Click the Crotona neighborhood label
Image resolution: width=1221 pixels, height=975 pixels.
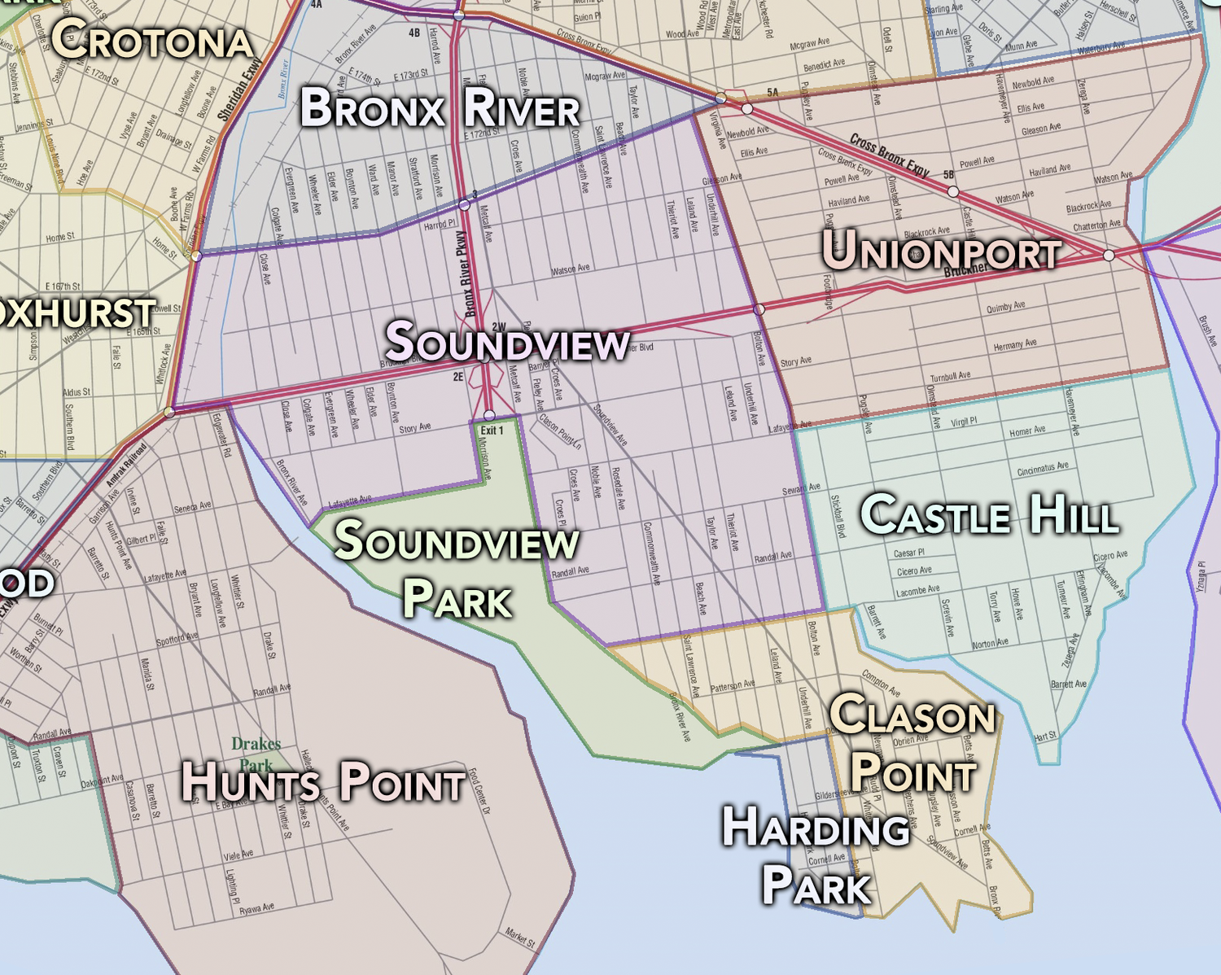(152, 39)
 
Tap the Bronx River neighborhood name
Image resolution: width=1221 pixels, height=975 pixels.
(440, 109)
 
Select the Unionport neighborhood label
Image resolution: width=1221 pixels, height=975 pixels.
(941, 250)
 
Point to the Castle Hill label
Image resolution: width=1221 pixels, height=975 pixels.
(989, 515)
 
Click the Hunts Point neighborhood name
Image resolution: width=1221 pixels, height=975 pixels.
(323, 781)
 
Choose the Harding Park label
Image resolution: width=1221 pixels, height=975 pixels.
(816, 855)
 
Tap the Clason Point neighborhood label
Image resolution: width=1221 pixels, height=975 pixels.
(913, 743)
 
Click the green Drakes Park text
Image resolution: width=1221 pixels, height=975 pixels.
(256, 754)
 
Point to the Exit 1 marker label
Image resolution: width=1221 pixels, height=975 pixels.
(492, 431)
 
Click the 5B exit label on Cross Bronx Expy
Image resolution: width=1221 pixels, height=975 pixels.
(948, 175)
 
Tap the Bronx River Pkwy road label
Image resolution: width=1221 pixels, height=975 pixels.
(468, 273)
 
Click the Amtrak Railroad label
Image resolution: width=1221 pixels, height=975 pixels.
(128, 465)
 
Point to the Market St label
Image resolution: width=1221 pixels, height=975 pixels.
(520, 938)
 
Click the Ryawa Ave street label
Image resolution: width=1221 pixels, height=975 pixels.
(256, 908)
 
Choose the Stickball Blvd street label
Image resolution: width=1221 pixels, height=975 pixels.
(838, 516)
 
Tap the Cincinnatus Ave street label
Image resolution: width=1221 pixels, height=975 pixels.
(1043, 469)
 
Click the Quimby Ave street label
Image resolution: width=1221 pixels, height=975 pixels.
(1005, 308)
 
